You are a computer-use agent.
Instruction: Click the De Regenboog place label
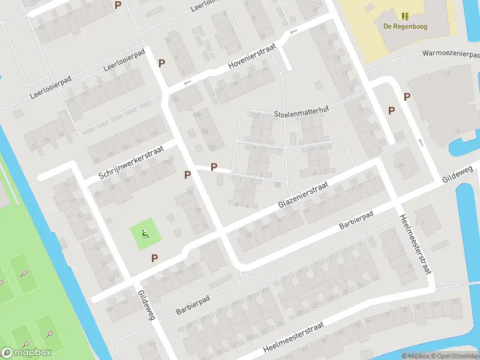tap(405, 26)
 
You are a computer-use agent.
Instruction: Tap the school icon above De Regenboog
tap(405, 16)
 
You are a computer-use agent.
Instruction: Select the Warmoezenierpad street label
tap(451, 53)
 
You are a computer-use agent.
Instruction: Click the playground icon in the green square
tap(144, 233)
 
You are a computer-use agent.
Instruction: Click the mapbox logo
tap(26, 353)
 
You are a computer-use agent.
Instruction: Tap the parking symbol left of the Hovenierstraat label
tap(161, 63)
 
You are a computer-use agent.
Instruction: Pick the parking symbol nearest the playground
tap(155, 258)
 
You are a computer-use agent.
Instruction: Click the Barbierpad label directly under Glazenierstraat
tap(356, 220)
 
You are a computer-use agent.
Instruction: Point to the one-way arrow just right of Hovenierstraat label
tap(293, 32)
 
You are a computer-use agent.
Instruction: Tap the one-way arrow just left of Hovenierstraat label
tap(187, 82)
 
